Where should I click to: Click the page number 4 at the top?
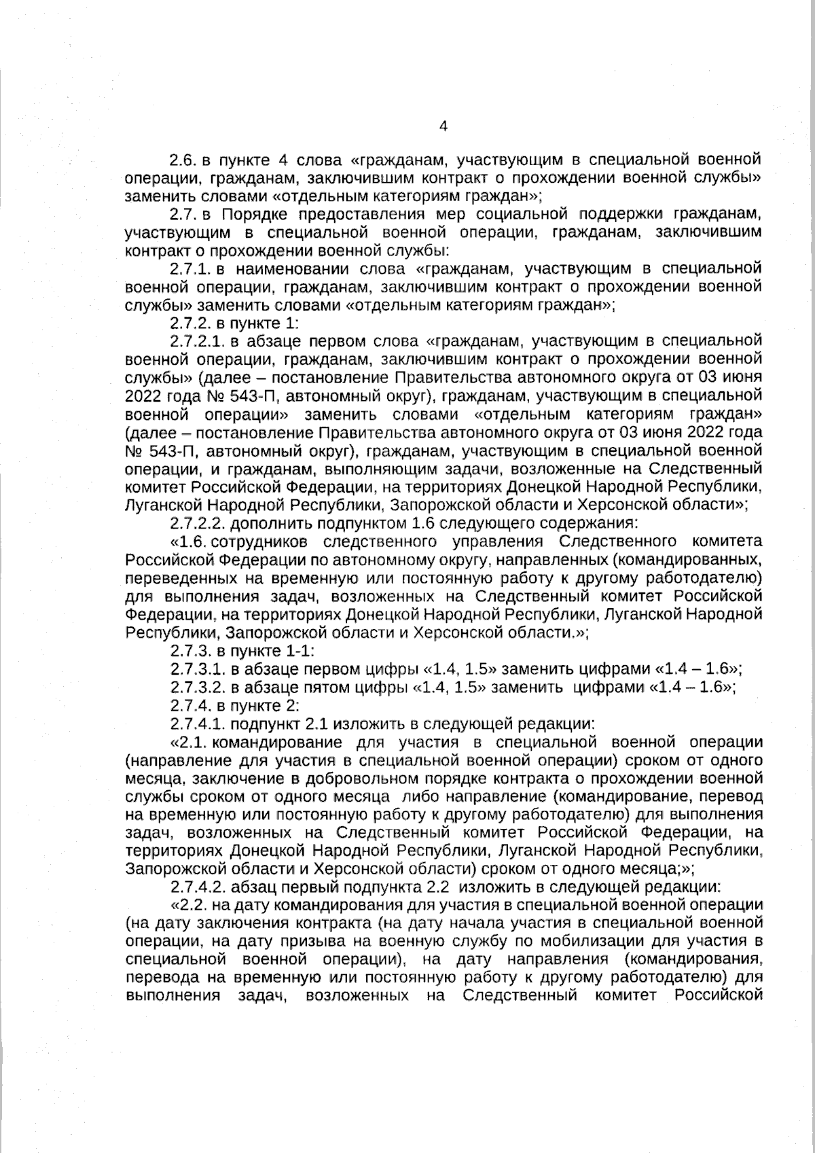click(443, 126)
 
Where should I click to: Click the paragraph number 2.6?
click(183, 160)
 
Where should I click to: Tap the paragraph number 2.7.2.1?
click(197, 340)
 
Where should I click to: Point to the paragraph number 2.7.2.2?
click(197, 524)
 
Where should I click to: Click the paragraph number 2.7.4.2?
click(197, 887)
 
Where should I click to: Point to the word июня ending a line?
click(742, 376)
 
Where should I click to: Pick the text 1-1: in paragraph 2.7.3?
click(297, 650)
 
